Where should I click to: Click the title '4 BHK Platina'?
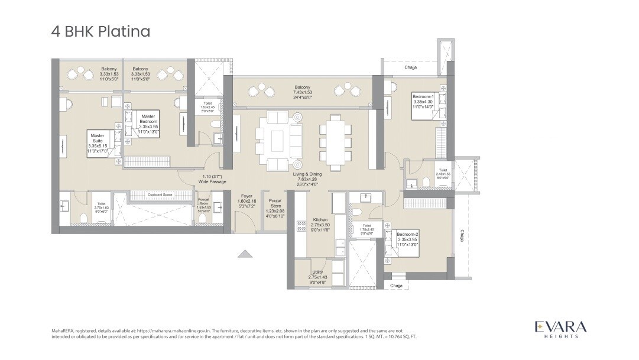[100, 31]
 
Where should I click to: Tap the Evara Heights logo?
[560, 329]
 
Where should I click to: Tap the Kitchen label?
[320, 225]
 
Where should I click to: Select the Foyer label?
[246, 201]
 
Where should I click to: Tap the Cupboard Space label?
[160, 194]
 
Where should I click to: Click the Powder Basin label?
[203, 204]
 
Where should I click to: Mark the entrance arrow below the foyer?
[245, 254]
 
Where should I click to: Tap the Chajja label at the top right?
[411, 67]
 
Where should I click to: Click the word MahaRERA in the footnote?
[64, 330]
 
